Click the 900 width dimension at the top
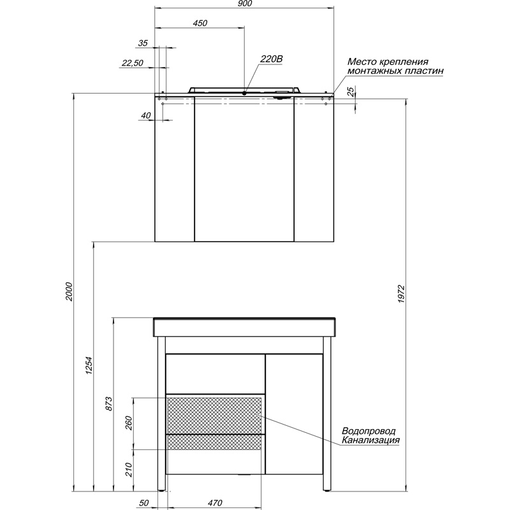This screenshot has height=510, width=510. coord(245,3)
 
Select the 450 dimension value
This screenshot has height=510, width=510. coord(200,23)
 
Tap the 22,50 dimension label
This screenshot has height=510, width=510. coord(133,62)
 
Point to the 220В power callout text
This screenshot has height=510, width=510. coord(272,59)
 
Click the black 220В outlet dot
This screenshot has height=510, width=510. coord(244,93)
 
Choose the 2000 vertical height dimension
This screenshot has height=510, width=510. coord(69,291)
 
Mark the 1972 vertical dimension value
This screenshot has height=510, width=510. coord(401,295)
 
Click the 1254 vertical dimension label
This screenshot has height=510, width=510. coord(89,365)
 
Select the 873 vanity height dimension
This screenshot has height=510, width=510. coord(109,404)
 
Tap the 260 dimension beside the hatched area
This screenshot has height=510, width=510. coord(129,423)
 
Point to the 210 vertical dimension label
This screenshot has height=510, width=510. coord(129,470)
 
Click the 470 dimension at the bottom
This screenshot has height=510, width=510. coord(215,503)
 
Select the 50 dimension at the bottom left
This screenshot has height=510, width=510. coord(143,503)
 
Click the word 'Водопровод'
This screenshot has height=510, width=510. coord(369,431)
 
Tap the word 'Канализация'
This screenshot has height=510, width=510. coord(371,440)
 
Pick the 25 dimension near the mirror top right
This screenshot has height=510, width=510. coord(351,92)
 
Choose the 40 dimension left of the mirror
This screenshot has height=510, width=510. coord(146,115)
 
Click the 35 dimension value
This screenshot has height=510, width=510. coord(143,43)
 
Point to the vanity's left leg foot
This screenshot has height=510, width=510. coord(162,490)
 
